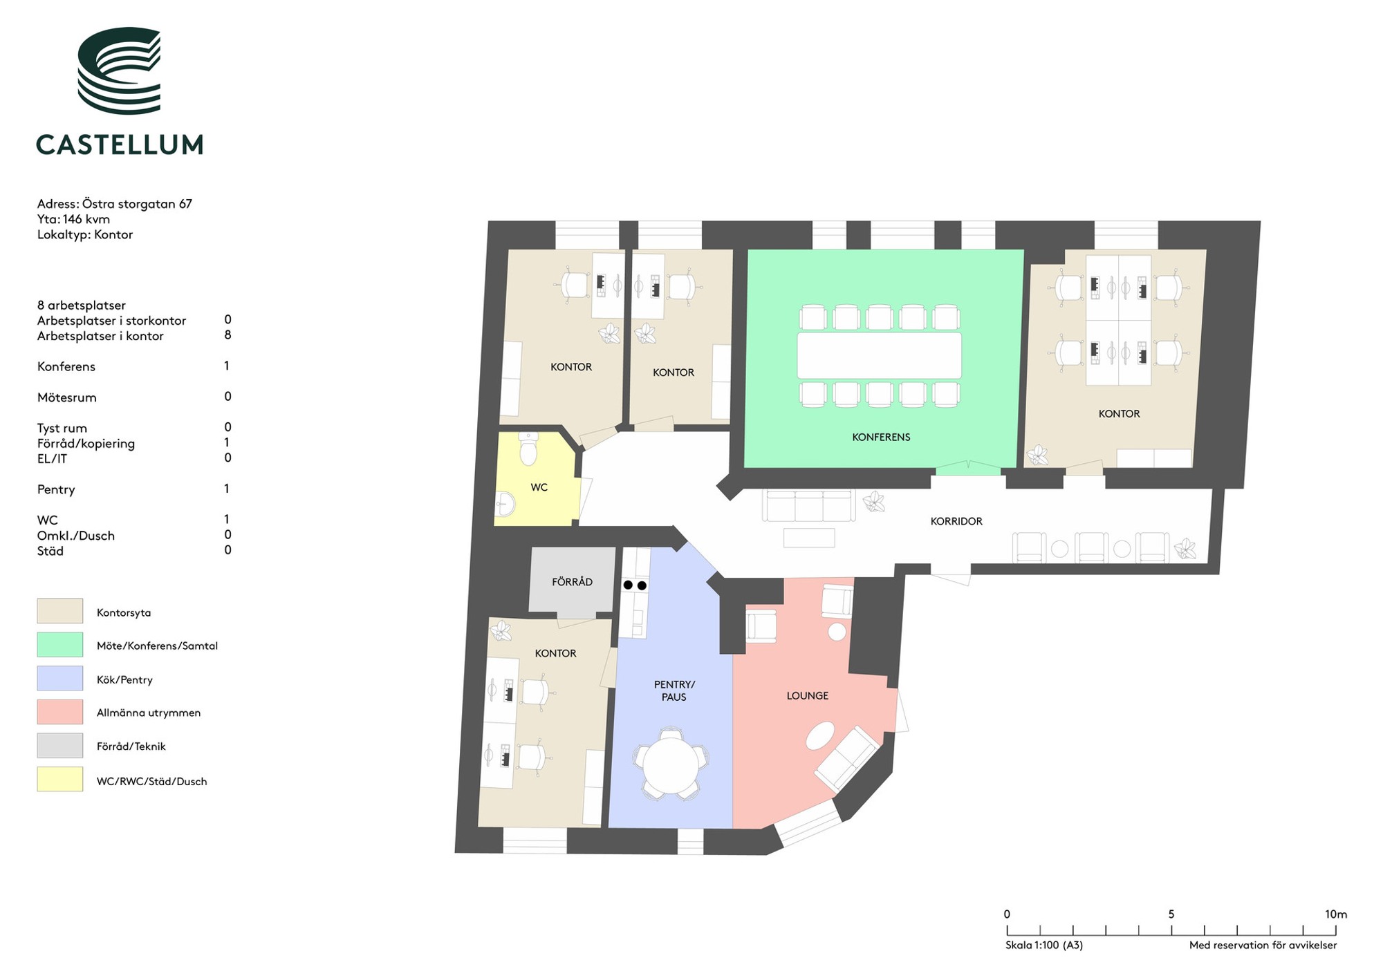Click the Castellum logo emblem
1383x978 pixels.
click(120, 70)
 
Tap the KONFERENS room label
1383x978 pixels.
click(881, 437)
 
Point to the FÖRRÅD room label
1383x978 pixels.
click(572, 582)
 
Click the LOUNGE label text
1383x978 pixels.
click(807, 695)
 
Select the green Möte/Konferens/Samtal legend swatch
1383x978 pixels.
click(60, 644)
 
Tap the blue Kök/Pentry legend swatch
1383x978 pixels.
click(60, 678)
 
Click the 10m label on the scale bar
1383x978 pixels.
click(1335, 914)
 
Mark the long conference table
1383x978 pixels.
click(879, 355)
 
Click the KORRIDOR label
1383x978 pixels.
click(956, 521)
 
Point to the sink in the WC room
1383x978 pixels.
click(505, 505)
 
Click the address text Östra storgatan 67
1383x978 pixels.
click(137, 204)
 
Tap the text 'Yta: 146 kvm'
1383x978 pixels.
click(73, 219)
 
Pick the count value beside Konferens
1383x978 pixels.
click(226, 366)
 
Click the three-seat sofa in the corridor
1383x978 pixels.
click(808, 505)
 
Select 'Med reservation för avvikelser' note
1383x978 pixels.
click(1263, 945)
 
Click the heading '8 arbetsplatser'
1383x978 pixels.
click(82, 305)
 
